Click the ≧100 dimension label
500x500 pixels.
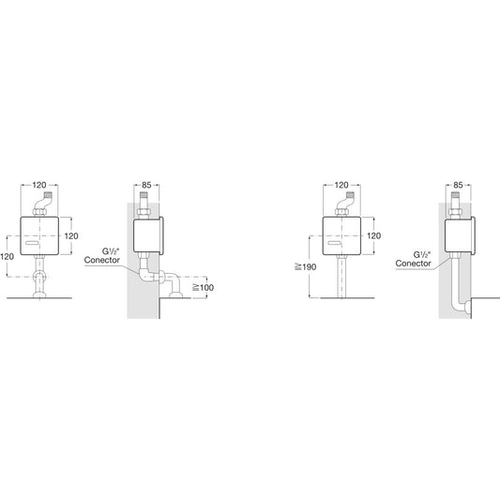(204, 288)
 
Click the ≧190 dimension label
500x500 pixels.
(306, 267)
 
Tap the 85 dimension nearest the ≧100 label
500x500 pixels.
(146, 185)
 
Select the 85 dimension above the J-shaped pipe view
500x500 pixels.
(458, 185)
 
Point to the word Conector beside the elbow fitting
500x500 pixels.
(102, 260)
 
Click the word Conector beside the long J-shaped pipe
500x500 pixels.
(414, 264)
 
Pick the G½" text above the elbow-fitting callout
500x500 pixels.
(111, 251)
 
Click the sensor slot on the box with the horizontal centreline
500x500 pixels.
(32, 244)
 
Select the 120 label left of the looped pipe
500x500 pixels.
(7, 256)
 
